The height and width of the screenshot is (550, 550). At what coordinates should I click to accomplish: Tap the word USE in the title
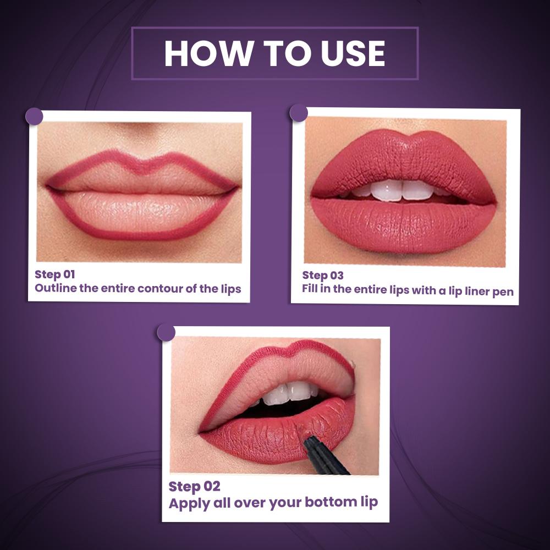(x=353, y=53)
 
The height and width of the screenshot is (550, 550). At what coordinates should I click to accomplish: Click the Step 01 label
(x=54, y=274)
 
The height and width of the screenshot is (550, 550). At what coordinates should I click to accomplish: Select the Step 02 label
(x=194, y=487)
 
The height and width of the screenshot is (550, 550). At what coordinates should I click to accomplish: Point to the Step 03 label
(x=323, y=276)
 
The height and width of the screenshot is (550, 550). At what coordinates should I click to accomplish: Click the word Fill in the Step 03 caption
(x=310, y=289)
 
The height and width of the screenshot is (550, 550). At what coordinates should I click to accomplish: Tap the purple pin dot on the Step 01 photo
(x=34, y=117)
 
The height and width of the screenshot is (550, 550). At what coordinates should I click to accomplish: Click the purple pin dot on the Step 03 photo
(x=299, y=113)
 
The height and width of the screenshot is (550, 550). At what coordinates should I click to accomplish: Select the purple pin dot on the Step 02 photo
(x=166, y=332)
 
